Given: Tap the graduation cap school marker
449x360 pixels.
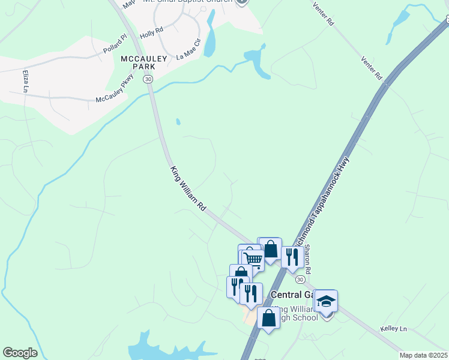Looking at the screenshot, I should coord(326,301).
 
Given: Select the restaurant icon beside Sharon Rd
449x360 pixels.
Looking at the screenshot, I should coord(292,257).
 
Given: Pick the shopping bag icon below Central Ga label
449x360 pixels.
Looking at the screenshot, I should coord(268,317).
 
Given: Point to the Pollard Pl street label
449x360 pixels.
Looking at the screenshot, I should coord(115,44).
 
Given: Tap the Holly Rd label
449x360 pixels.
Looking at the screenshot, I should coord(151,32).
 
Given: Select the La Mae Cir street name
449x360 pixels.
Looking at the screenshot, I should coord(188,49).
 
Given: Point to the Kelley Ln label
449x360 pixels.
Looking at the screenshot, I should coord(393,329).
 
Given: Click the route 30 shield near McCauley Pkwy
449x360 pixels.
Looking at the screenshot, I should coord(148,79).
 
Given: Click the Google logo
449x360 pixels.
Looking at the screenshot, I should coord(20,353).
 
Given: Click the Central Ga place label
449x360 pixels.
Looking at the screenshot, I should coord(292,295).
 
